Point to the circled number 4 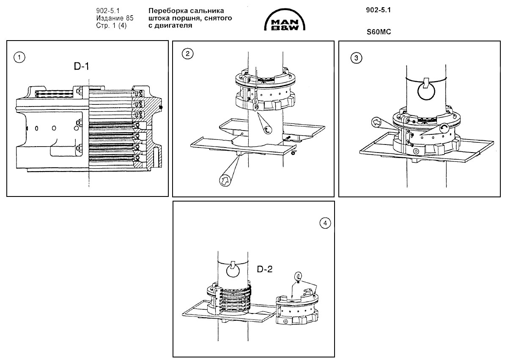(x=324, y=223)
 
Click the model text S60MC (x=377, y=31)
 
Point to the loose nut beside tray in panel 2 (x=293, y=153)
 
